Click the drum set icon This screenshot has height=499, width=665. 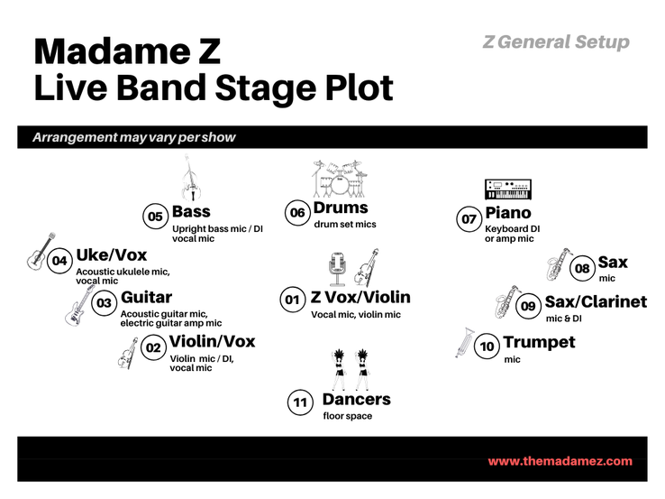(x=340, y=179)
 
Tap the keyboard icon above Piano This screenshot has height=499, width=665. (x=508, y=189)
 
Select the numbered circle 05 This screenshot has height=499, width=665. (x=155, y=217)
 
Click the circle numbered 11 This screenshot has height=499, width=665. (x=300, y=402)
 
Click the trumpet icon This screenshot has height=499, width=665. (x=465, y=342)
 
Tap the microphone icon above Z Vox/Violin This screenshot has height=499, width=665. (x=337, y=269)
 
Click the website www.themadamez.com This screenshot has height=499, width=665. (x=560, y=461)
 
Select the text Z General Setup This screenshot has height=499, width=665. (x=556, y=42)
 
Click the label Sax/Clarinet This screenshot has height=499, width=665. (x=596, y=301)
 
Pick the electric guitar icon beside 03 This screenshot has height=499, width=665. (x=79, y=305)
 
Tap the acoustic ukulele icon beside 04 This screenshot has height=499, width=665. (x=41, y=251)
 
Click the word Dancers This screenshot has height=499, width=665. (x=357, y=399)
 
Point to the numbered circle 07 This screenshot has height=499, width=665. (x=469, y=219)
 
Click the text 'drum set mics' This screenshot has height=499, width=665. (x=345, y=224)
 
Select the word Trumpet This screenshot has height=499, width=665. (x=539, y=342)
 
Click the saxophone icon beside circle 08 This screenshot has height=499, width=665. (x=559, y=264)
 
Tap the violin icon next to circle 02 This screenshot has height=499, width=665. (x=128, y=354)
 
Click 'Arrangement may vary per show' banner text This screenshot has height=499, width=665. (x=134, y=137)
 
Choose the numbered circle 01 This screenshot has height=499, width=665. (x=293, y=300)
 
